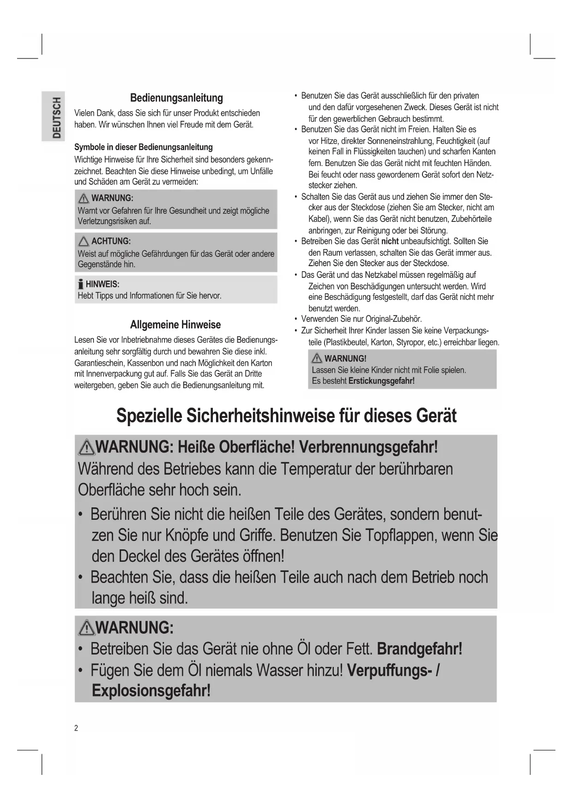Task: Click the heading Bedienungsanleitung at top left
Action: coord(176,98)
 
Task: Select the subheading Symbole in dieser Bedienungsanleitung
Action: coord(144,147)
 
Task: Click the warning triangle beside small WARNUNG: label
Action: coord(84,198)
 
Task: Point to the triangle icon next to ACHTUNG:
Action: coord(84,241)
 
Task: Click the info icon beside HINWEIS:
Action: coord(81,284)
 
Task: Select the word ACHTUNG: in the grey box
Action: coord(111,241)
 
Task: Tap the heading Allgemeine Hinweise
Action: coord(175,325)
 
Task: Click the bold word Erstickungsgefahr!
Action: coord(381,381)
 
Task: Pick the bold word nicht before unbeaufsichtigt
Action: coord(390,241)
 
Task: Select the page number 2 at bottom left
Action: coord(76,728)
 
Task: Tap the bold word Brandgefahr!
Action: coord(419,649)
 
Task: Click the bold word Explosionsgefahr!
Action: coord(151,691)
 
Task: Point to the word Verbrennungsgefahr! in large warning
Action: coord(368,447)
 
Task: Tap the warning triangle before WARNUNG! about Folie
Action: coord(317,358)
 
